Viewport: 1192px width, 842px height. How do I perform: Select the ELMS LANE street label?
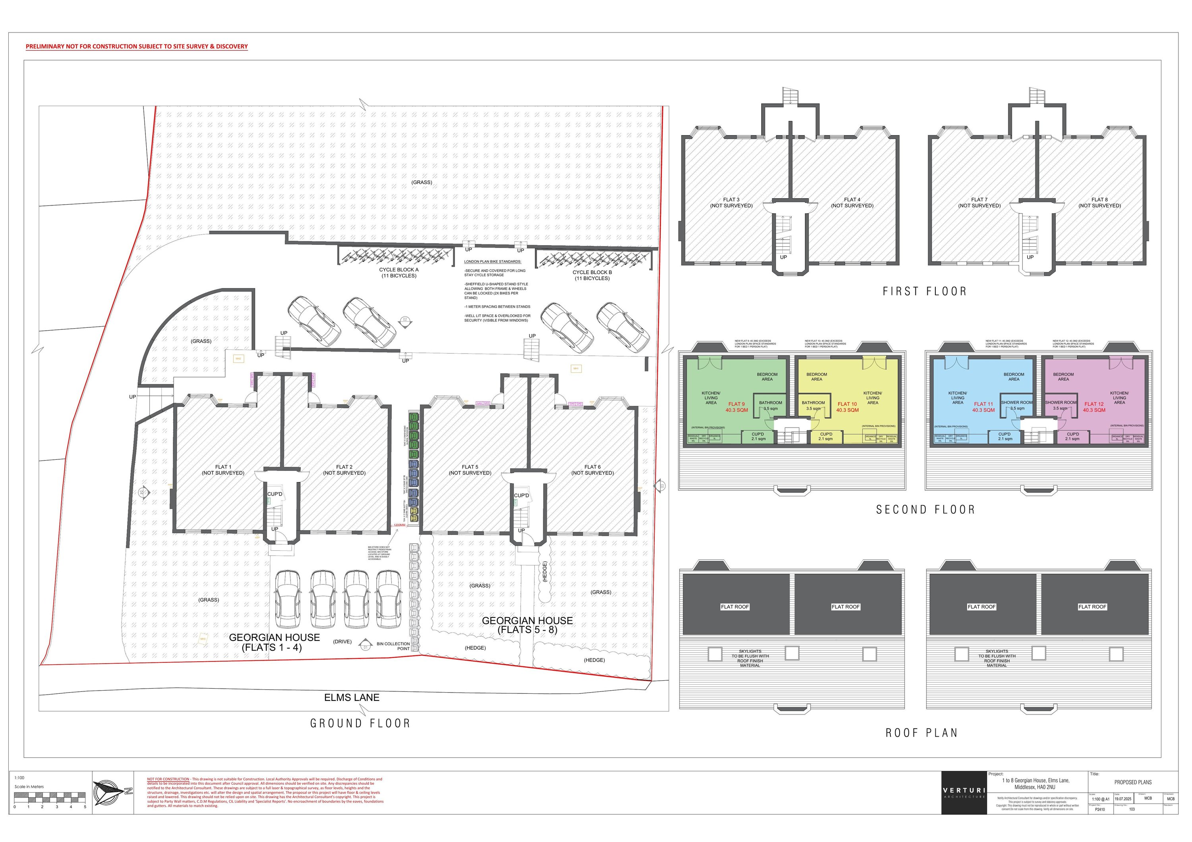click(x=352, y=698)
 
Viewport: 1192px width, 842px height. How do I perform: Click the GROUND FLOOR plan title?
click(x=360, y=723)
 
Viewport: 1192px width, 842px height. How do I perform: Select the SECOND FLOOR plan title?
click(x=925, y=510)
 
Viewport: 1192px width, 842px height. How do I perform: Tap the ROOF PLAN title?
click(x=921, y=733)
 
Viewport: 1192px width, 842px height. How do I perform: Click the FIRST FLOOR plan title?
click(x=925, y=292)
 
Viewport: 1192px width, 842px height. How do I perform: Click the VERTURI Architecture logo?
click(x=964, y=793)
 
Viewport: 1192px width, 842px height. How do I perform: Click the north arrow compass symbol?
click(x=110, y=792)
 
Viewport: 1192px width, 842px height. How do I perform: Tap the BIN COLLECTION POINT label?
click(x=393, y=646)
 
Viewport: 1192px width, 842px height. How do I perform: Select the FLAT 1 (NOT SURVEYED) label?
click(x=223, y=470)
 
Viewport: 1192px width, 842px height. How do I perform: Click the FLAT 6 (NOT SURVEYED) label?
click(x=592, y=470)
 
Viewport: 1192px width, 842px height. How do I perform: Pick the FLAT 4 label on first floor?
click(x=852, y=203)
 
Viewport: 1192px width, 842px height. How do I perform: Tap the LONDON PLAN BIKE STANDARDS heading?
click(x=492, y=261)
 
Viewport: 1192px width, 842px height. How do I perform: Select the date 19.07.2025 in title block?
click(x=1122, y=799)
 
